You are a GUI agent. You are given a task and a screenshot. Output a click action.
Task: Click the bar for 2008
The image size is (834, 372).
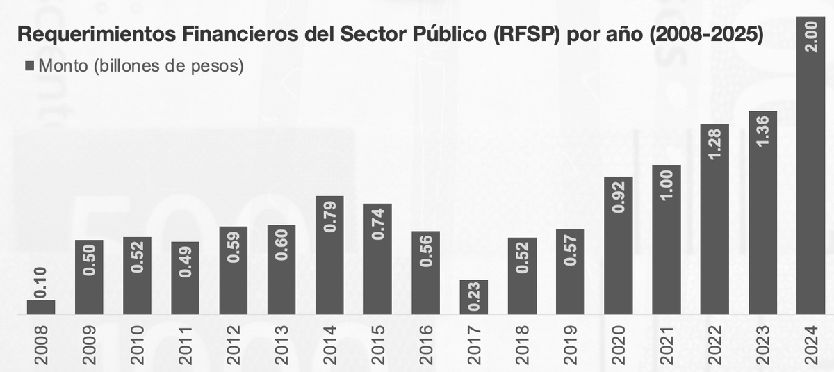[x=41, y=307]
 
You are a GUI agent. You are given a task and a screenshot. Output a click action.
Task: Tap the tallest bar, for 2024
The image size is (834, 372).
[x=811, y=174]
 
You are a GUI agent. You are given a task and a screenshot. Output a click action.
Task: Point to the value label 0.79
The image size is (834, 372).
[x=330, y=217]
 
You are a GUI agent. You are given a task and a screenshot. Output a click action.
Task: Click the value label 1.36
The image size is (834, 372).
[x=763, y=132]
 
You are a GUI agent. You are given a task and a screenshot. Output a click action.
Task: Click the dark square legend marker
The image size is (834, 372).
[x=29, y=67]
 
